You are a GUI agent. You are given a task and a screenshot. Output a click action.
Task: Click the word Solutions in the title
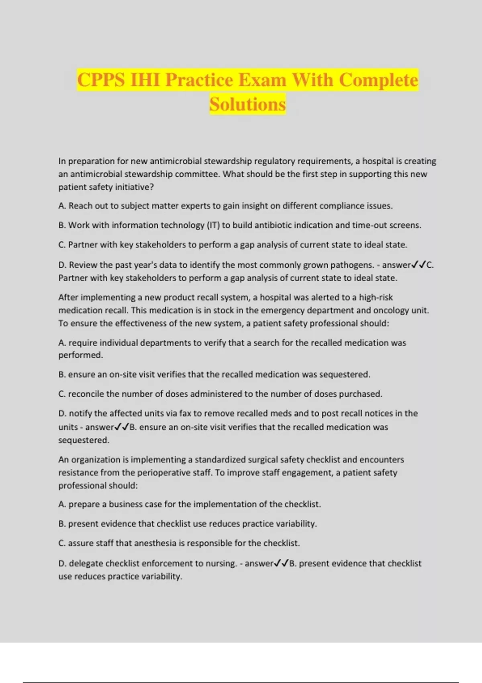click(x=247, y=104)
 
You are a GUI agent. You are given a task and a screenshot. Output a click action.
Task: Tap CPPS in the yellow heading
click(x=101, y=80)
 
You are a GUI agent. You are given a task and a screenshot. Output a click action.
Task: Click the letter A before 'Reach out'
click(x=61, y=206)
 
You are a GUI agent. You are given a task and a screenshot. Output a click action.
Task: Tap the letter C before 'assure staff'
click(x=61, y=543)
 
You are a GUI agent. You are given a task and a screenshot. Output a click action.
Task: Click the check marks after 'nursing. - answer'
click(x=281, y=563)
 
